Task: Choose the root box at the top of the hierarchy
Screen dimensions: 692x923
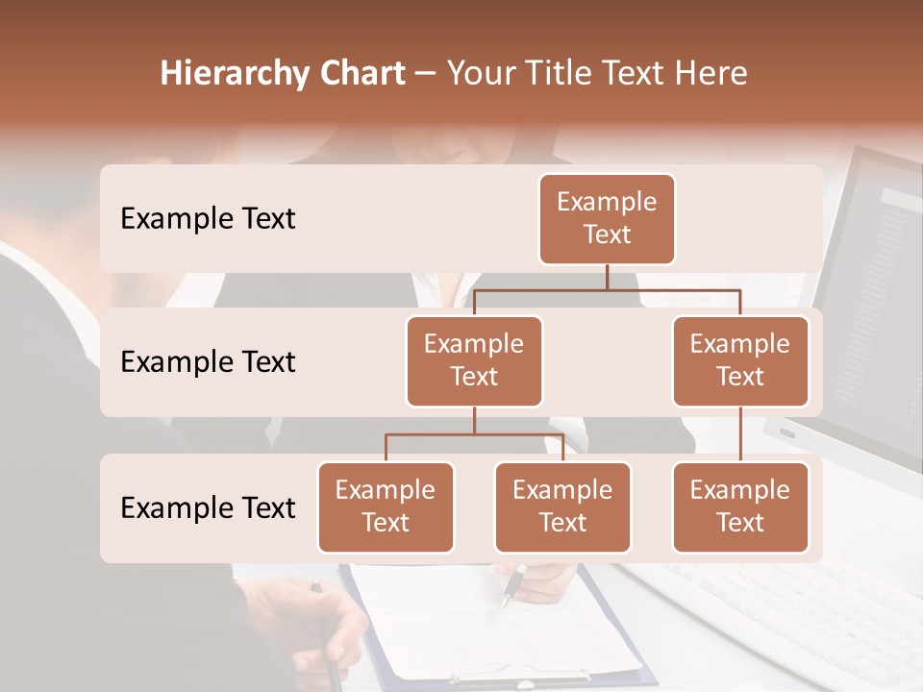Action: [x=607, y=218]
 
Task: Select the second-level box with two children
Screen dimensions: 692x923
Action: [x=474, y=360]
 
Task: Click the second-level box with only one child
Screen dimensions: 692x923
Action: [x=740, y=360]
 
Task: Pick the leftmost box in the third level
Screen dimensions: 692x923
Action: [x=386, y=507]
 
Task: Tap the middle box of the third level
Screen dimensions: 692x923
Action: [x=562, y=507]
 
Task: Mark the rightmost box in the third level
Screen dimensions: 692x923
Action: [x=740, y=507]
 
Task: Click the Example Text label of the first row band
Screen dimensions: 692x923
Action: [x=208, y=219]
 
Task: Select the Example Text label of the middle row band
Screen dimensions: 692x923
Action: [x=208, y=362]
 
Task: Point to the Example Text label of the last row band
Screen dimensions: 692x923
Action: [x=208, y=507]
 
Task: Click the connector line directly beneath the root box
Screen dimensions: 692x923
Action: [x=607, y=277]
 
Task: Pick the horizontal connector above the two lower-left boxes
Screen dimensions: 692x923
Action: [x=474, y=434]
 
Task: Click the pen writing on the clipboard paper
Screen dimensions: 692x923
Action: [x=512, y=584]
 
